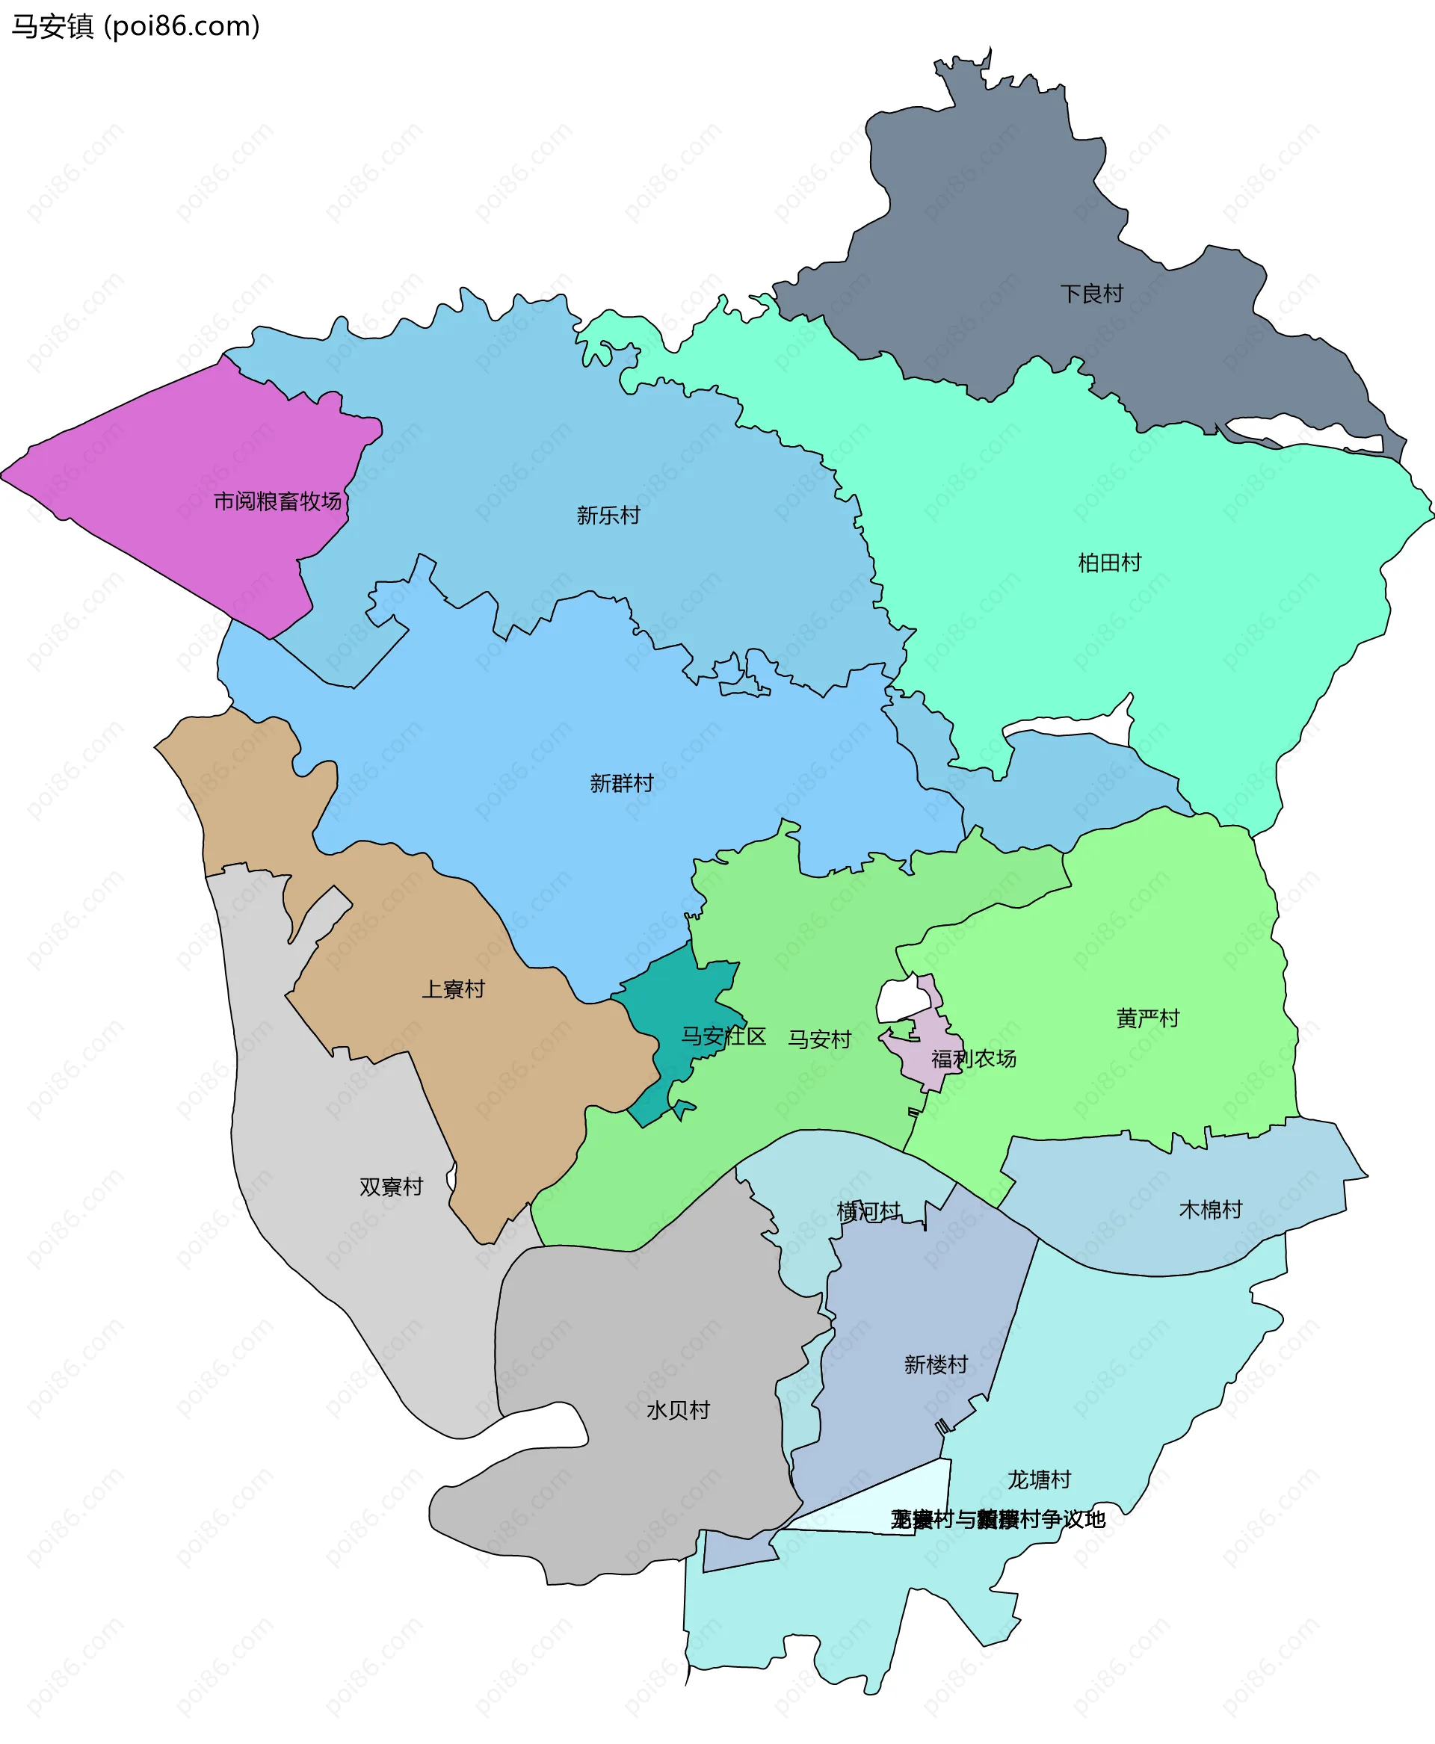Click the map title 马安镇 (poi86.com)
click(135, 26)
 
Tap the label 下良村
click(1091, 294)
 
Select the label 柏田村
click(1109, 563)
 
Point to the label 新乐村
click(608, 516)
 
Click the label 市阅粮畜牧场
click(278, 501)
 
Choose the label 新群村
click(622, 783)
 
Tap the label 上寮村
click(453, 989)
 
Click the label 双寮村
click(391, 1187)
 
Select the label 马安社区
click(723, 1036)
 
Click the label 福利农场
click(974, 1059)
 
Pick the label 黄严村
click(1147, 1018)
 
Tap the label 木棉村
click(1210, 1210)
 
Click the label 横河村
click(868, 1212)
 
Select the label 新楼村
click(936, 1364)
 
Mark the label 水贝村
click(678, 1410)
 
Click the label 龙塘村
click(1039, 1479)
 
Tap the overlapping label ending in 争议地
click(998, 1519)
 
